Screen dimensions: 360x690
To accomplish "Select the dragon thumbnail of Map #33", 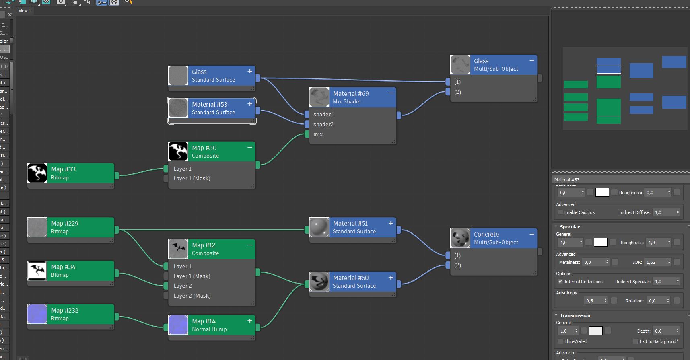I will coord(37,173).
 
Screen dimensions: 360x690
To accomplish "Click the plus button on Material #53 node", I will coord(250,104).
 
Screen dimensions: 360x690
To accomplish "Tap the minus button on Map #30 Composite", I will coord(250,147).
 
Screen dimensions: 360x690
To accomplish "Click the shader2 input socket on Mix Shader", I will coord(307,124).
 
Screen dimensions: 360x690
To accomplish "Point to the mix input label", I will coord(318,134).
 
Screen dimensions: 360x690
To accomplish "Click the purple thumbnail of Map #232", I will coord(37,314).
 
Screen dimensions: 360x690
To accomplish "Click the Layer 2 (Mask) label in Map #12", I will coord(192,296).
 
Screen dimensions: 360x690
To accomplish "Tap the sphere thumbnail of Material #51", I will coord(319,227).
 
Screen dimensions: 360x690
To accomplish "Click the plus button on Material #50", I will coord(391,277).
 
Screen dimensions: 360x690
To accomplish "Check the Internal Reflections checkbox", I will coord(560,282).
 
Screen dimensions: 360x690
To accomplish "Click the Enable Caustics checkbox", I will coord(560,212).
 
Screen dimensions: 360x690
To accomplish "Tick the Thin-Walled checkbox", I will coord(560,341).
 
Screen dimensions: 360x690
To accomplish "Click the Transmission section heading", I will coord(575,315).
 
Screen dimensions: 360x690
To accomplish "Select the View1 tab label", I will coord(24,11).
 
